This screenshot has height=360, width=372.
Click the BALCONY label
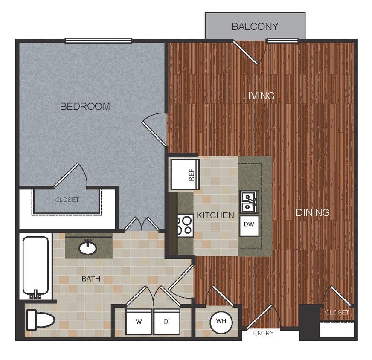coord(255,26)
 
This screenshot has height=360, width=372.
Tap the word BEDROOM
coord(85,106)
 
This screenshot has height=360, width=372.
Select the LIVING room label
coord(259,96)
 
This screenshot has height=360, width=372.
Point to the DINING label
coord(313,212)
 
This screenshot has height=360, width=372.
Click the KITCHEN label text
coord(215,215)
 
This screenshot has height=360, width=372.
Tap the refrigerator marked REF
coord(185,174)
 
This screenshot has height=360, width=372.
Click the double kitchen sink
coord(248,201)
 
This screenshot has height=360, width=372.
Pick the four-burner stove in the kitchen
coord(186,224)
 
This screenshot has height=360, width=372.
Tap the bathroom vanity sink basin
coord(88,247)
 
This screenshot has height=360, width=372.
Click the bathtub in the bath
coord(35,267)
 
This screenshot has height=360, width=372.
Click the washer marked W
coord(139,322)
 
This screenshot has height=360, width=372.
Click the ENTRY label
coord(263,333)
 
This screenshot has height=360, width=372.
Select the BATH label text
coord(91,279)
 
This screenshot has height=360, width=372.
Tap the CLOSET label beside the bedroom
coord(67,200)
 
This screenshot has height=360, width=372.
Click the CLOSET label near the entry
coord(337,312)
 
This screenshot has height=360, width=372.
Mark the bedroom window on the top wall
coord(99,41)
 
